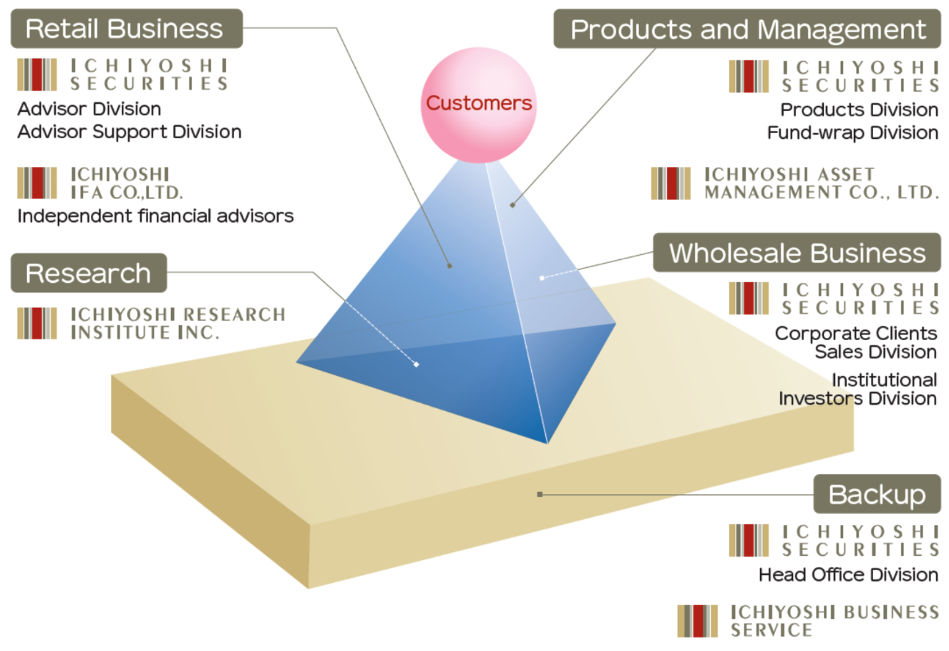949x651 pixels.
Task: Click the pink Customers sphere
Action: pos(478,105)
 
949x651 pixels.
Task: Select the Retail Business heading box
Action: pos(126,29)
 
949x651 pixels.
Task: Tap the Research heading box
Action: pos(88,273)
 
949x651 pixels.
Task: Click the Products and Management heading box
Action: pos(747,29)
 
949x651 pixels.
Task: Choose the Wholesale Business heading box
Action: pos(797,253)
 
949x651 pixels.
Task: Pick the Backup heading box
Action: pos(877,494)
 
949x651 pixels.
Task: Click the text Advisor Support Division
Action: pos(130,132)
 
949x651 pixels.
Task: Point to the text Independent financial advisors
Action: pos(155,216)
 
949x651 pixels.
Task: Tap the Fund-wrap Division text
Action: pos(852,133)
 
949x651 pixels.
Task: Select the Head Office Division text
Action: pos(848,574)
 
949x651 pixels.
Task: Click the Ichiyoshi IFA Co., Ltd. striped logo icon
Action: pos(37,183)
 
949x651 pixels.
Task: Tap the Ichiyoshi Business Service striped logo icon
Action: pos(697,621)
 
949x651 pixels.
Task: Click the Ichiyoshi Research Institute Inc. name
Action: pos(177,323)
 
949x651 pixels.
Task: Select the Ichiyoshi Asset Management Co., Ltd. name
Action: pos(821,183)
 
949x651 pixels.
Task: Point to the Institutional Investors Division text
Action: pos(858,389)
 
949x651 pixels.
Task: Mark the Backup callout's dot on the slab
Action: pos(540,494)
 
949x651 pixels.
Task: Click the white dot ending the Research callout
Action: pos(417,365)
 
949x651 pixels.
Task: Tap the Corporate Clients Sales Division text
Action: pos(856,342)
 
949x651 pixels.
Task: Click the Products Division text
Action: pos(859,110)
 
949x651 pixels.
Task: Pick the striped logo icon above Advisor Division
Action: pos(37,74)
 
